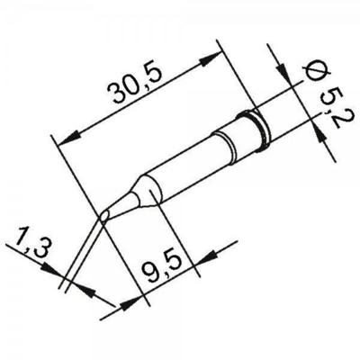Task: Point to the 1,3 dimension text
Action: pos(31,243)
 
